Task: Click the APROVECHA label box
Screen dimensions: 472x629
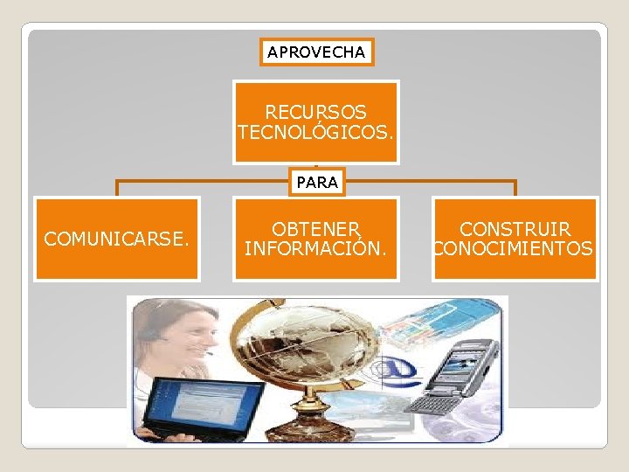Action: (316, 52)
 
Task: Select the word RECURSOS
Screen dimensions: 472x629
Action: (315, 113)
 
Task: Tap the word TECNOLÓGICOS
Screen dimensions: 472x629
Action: (315, 132)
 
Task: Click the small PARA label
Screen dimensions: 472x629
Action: (315, 183)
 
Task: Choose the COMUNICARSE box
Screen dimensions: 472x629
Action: (116, 239)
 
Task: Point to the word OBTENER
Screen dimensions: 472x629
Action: (315, 229)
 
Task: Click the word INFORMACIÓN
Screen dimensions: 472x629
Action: (315, 249)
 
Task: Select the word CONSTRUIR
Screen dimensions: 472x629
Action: (515, 229)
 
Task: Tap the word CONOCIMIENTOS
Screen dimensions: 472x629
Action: (515, 249)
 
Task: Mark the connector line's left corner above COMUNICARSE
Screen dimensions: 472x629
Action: (118, 183)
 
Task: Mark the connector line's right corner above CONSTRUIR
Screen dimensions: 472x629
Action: (515, 183)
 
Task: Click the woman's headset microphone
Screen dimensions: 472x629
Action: (208, 353)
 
